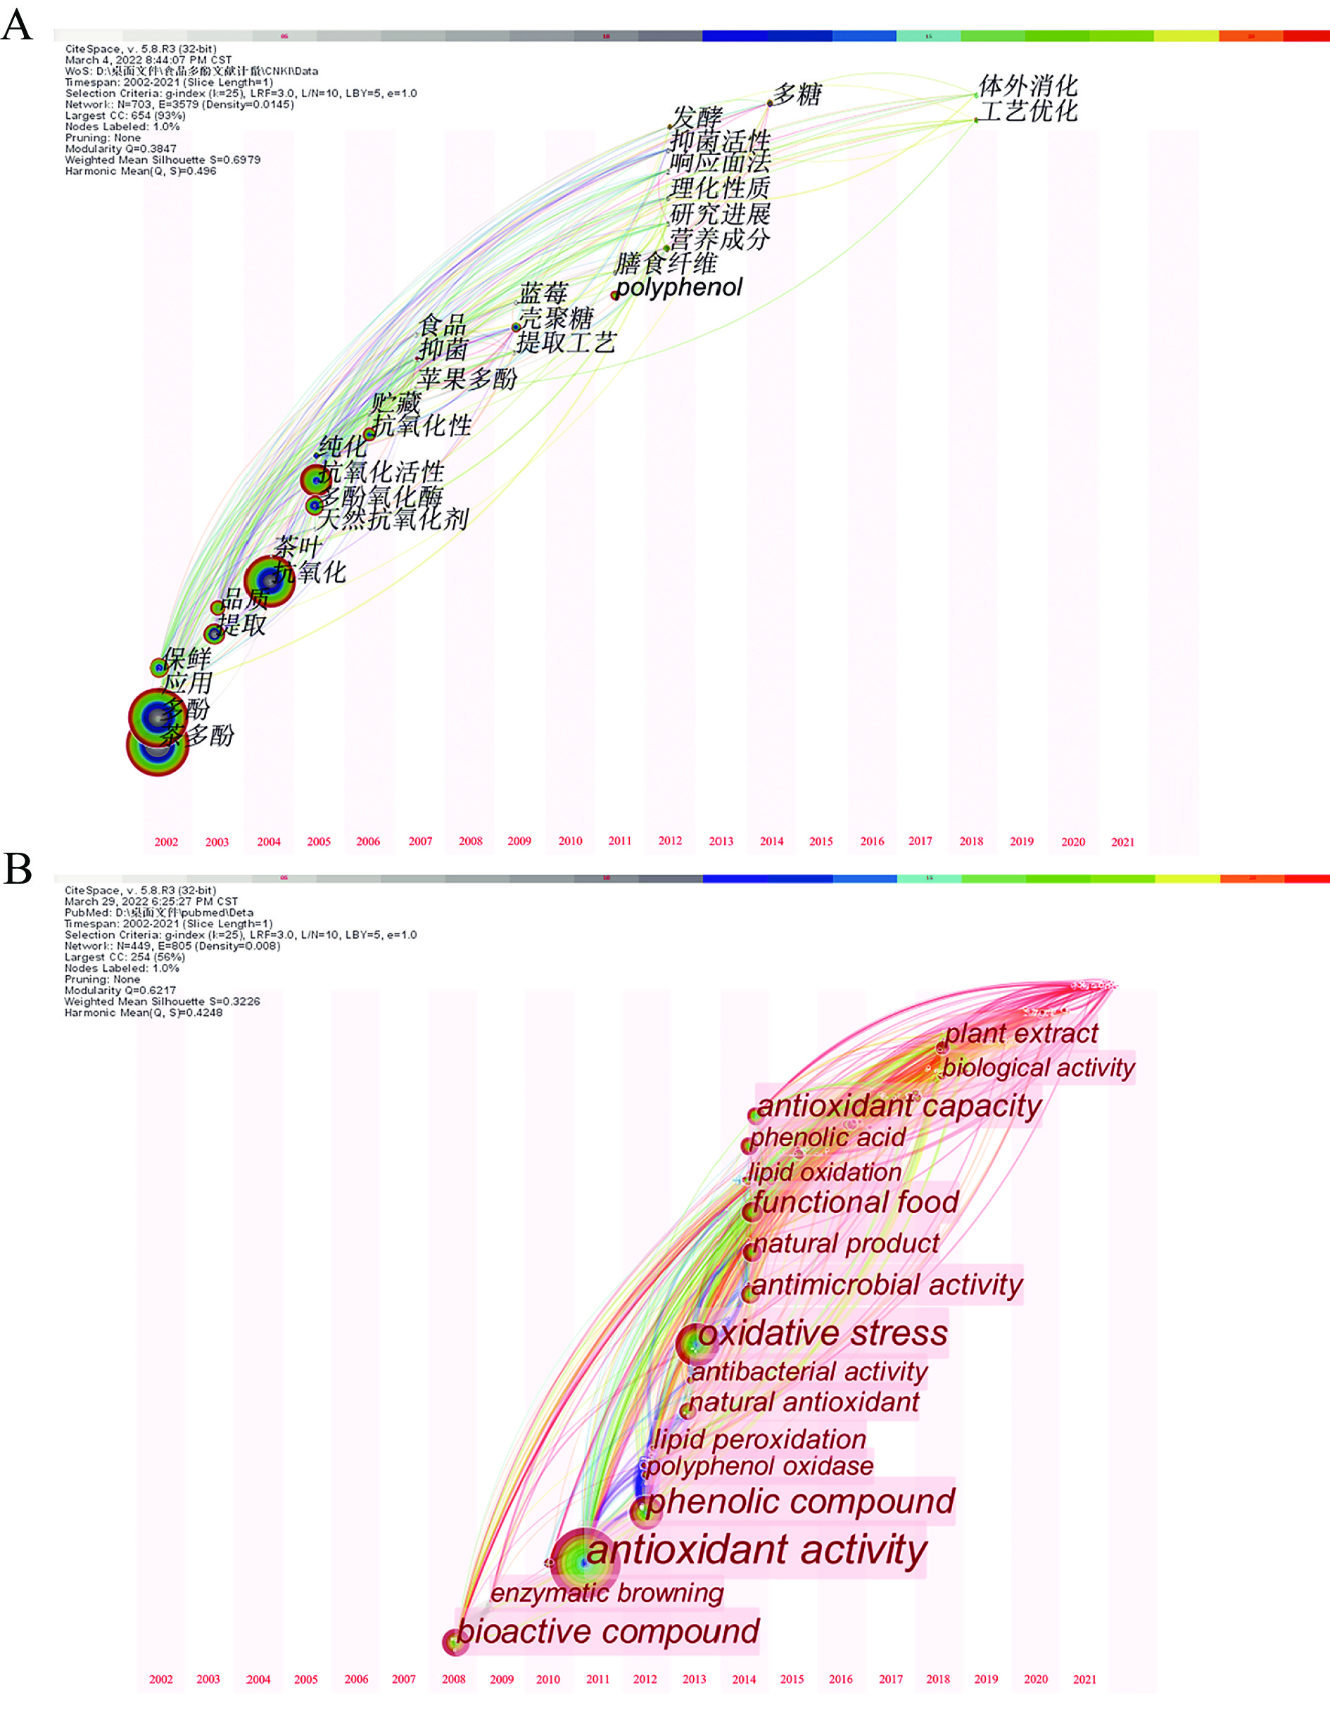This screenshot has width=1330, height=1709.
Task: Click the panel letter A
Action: click(17, 25)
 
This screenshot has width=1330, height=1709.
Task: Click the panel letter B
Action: click(17, 869)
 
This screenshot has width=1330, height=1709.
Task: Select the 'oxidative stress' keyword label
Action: click(823, 1333)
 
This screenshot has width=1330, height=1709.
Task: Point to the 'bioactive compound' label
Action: click(607, 1632)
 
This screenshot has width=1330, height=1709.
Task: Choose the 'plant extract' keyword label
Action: click(1022, 1034)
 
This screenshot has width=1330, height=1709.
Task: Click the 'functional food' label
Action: click(856, 1202)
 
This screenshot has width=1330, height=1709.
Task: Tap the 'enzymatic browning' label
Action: click(607, 1592)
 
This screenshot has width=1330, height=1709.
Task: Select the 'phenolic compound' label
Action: click(800, 1501)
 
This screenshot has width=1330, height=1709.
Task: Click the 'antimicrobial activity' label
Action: click(887, 1285)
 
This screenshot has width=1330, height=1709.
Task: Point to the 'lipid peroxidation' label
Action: click(759, 1439)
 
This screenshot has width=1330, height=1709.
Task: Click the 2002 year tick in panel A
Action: click(166, 842)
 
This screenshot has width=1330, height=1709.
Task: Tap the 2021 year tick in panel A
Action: click(1122, 842)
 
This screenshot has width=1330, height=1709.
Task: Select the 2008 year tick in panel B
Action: click(454, 1679)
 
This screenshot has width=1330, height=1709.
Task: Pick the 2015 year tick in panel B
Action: click(792, 1679)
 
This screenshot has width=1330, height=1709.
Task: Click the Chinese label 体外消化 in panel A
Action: click(1028, 85)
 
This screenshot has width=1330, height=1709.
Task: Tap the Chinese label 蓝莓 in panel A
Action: click(543, 293)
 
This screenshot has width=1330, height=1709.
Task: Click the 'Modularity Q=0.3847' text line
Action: click(120, 148)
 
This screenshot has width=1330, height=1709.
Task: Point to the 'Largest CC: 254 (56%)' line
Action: click(125, 957)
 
